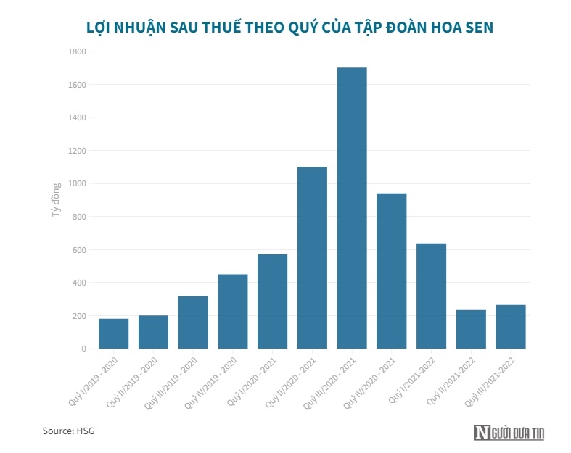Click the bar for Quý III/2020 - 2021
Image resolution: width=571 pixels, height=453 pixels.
[352, 208]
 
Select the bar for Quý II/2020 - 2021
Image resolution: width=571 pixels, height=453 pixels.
[312, 258]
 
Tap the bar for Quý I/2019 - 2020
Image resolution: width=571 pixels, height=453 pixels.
[114, 333]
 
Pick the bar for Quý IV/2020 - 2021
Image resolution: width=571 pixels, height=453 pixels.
[391, 271]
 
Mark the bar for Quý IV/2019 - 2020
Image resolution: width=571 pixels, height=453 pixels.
[233, 311]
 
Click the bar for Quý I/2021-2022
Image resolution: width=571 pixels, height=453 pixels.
[431, 296]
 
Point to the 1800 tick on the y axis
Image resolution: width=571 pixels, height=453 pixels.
[77, 51]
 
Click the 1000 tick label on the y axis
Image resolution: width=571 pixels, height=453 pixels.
[77, 183]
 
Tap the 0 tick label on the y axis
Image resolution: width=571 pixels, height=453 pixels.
[83, 349]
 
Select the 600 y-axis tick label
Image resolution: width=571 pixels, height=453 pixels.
[78, 250]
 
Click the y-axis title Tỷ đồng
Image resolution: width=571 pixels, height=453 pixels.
[55, 200]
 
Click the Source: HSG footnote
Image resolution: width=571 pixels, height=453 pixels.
[68, 431]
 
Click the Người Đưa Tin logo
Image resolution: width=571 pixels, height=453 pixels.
[509, 433]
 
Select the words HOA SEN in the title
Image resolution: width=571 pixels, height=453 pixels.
[456, 27]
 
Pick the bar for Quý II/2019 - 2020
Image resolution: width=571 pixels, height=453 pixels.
[153, 332]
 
